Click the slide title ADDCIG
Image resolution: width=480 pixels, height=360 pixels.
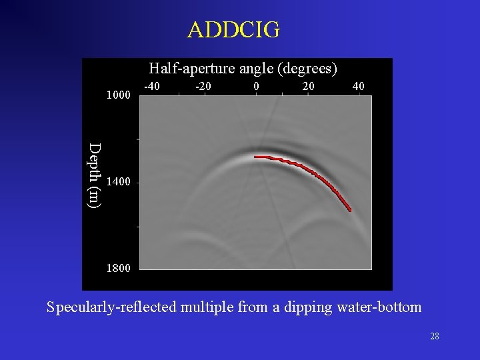234,30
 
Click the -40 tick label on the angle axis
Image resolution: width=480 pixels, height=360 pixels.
152,86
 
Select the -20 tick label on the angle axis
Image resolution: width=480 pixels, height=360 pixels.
203,86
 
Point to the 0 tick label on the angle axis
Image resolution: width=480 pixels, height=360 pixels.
257,86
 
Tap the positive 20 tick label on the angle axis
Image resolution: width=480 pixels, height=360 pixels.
308,86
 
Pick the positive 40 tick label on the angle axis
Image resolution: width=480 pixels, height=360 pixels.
359,86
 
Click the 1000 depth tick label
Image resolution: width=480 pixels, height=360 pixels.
119,95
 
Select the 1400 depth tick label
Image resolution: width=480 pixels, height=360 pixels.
119,182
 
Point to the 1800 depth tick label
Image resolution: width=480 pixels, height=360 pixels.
119,269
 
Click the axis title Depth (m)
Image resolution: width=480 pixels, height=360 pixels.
95,175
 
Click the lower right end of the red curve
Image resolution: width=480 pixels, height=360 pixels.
349,210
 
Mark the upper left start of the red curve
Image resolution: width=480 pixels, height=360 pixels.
256,157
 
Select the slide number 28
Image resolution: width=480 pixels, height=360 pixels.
434,337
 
